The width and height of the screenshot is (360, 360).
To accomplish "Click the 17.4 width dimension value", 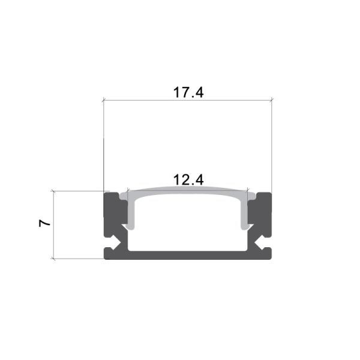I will tap(189, 92).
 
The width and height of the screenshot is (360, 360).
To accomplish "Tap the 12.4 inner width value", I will tap(189, 179).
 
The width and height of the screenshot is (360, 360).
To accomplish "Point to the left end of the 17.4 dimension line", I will tap(104, 100).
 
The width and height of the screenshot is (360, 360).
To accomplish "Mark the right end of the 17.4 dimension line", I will tap(272, 100).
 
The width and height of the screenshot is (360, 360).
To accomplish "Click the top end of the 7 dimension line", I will tap(54, 191).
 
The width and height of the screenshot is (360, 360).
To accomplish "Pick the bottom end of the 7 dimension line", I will tap(54, 259).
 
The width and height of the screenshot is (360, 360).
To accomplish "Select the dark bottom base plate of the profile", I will tap(188, 255).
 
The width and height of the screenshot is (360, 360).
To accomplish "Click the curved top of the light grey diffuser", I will tap(188, 191).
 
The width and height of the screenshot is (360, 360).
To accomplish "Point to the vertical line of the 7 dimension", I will tap(54, 240).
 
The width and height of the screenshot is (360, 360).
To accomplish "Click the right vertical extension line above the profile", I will tap(272, 144).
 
